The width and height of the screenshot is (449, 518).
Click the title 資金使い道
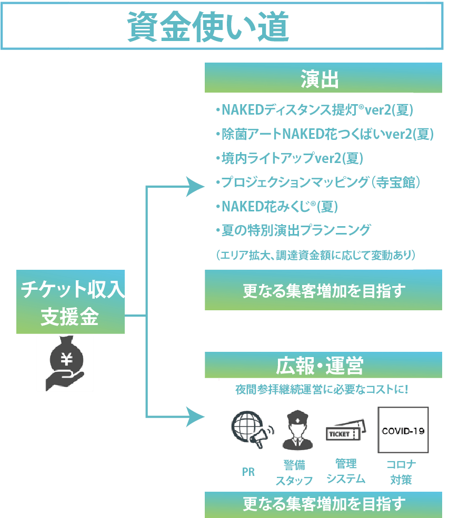pos(208,27)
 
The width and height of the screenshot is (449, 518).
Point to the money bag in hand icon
pos(65,363)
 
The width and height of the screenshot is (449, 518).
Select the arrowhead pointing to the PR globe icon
pos(195,418)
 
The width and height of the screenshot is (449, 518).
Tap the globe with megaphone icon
pos(252,429)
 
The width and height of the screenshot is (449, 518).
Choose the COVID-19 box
pos(403,430)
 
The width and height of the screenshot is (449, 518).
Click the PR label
pos(248,472)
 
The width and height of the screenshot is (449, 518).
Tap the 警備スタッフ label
pos(294,472)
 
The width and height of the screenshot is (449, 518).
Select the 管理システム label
pos(346,471)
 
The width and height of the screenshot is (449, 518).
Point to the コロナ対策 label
pos(401,472)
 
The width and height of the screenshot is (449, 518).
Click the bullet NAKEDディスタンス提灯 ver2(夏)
pos(314,110)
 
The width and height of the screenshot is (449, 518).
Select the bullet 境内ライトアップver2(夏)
pos(289,158)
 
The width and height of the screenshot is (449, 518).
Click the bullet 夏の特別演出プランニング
pos(293,230)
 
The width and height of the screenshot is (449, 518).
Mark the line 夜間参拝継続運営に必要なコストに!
pos(322,390)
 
